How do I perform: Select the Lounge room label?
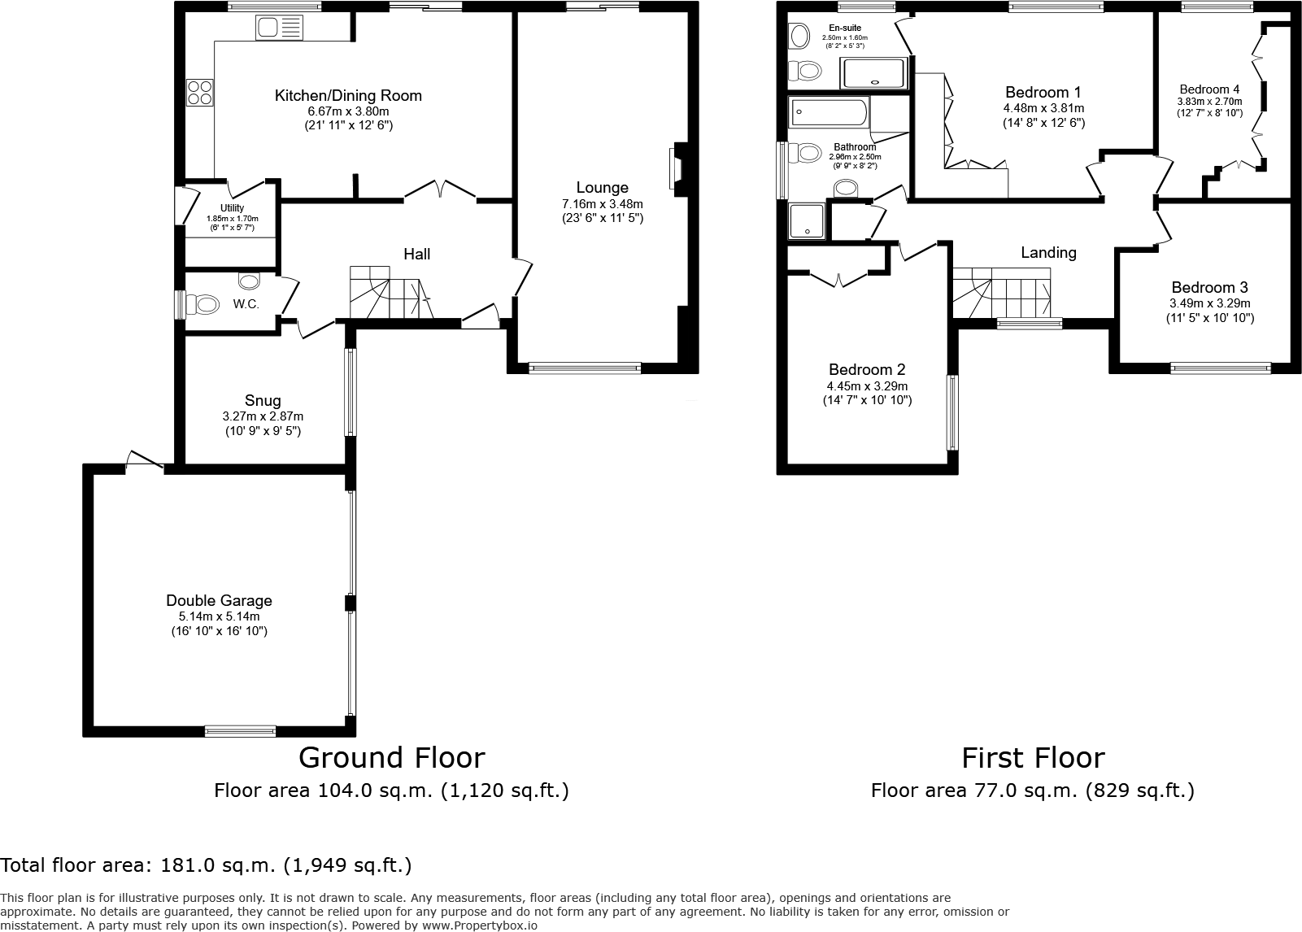click(602, 188)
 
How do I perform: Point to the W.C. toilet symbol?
click(203, 305)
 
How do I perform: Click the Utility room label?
click(232, 208)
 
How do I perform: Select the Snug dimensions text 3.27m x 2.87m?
click(263, 416)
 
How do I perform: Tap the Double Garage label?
click(219, 600)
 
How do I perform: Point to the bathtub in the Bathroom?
click(828, 112)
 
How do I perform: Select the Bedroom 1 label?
click(1043, 92)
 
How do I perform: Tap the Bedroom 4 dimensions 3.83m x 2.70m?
click(1209, 102)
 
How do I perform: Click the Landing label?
click(1048, 253)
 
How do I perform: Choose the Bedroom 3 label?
click(1209, 287)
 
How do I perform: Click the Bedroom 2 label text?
click(867, 369)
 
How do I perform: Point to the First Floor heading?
click(1033, 758)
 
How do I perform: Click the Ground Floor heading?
click(391, 758)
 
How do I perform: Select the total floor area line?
click(206, 865)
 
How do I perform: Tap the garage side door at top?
click(145, 461)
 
